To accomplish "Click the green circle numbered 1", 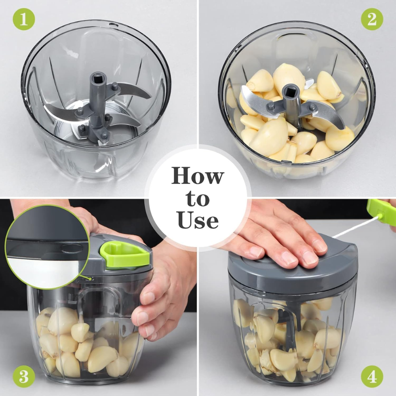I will click(24, 19).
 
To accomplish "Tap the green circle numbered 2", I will click(372, 19).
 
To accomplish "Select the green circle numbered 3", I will click(24, 376).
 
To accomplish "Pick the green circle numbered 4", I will click(372, 376).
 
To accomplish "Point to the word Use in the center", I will click(198, 220).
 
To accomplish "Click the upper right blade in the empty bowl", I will click(133, 90).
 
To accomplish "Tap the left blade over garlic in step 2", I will click(255, 99).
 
